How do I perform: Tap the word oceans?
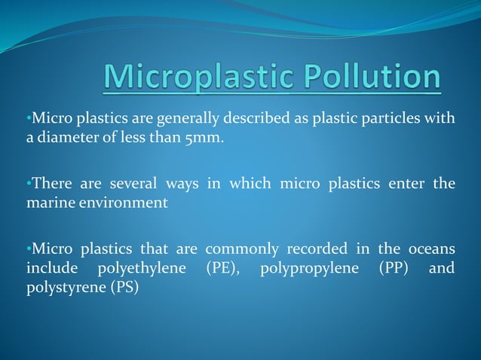[x=430, y=249]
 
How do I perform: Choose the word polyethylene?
[x=140, y=268]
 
